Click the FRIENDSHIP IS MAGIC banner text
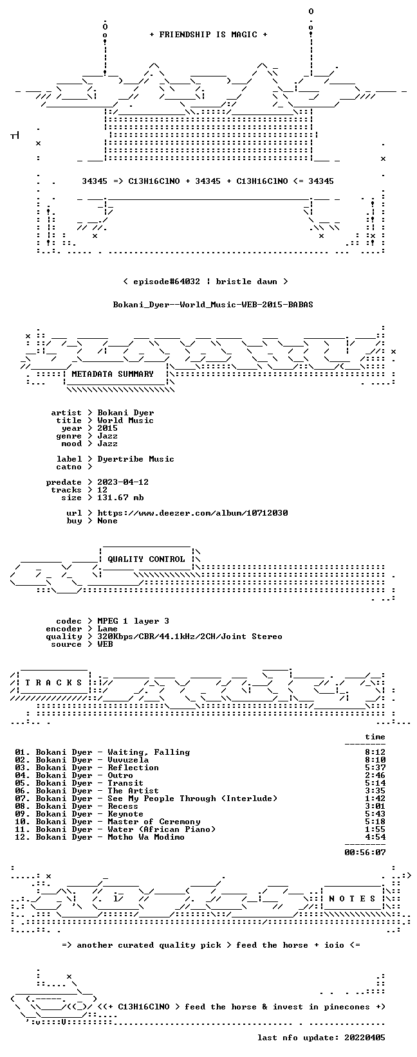point(208,35)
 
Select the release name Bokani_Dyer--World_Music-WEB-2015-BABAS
point(213,304)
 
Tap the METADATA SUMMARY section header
point(113,374)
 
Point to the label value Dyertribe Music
point(136,459)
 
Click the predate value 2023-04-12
point(123,482)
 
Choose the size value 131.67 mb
point(120,498)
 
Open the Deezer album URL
point(192,513)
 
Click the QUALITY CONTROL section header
point(146,559)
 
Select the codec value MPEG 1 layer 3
point(133,621)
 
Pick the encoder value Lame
point(107,629)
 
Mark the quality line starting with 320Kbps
point(190,637)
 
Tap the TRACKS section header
point(53,683)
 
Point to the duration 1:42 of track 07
point(375,799)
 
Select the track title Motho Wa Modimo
point(146,837)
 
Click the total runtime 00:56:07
point(365,853)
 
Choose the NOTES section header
point(352,899)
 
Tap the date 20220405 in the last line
point(365,1038)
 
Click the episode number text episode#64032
point(167,282)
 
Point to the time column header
point(375,737)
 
